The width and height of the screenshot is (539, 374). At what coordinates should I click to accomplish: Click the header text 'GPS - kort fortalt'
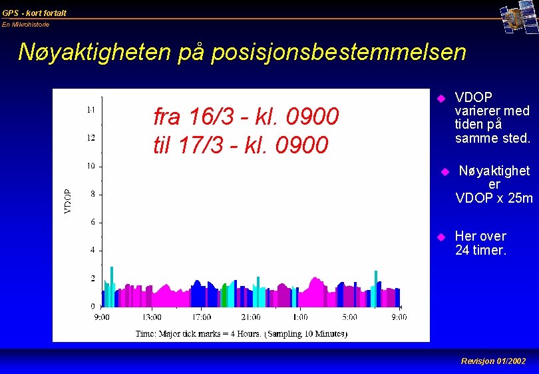click(x=35, y=13)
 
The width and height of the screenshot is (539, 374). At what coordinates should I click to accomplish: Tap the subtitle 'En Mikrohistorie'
click(x=26, y=25)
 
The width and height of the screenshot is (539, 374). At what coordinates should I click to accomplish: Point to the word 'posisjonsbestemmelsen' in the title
click(x=339, y=52)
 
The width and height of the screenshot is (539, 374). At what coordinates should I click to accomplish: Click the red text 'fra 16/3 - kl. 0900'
click(x=246, y=117)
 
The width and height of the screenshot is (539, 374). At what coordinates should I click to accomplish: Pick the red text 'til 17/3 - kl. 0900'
click(x=241, y=144)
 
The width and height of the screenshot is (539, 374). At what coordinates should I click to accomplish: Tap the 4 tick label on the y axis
click(x=92, y=250)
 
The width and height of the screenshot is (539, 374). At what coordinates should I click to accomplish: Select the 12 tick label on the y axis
click(x=90, y=138)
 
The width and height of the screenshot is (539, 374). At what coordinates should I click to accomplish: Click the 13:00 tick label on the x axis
click(x=152, y=317)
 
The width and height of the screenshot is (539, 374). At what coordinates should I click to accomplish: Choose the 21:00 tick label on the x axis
click(x=251, y=317)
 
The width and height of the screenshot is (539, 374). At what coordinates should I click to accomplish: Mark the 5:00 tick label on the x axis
click(x=350, y=317)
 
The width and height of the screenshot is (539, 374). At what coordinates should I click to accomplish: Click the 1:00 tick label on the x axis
click(x=300, y=317)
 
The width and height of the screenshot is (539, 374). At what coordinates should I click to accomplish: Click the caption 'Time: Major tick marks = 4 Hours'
click(x=198, y=333)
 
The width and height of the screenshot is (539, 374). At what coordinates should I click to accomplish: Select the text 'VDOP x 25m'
click(x=494, y=198)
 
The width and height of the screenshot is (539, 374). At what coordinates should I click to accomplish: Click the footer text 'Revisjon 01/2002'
click(x=493, y=361)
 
